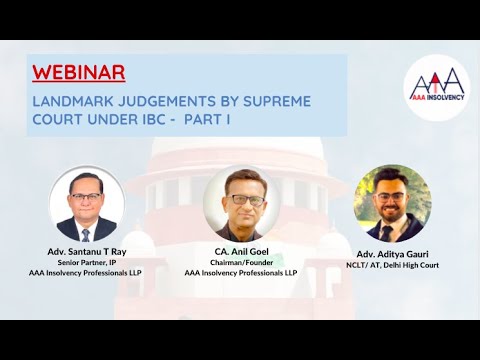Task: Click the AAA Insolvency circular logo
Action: (435, 88)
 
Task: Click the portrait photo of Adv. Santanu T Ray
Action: (87, 204)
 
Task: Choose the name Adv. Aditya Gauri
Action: (392, 255)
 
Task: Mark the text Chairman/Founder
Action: (240, 262)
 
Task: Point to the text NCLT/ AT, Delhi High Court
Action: (392, 266)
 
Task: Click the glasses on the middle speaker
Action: (241, 196)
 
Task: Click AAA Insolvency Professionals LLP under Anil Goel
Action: (240, 272)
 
